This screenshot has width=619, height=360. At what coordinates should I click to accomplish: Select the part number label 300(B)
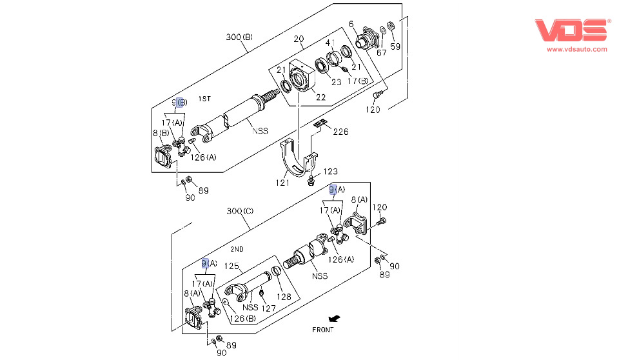point(239,37)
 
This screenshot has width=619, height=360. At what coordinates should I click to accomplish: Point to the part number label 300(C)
point(240,211)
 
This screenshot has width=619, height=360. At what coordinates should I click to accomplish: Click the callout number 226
point(340,132)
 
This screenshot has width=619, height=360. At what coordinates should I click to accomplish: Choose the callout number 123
point(330,172)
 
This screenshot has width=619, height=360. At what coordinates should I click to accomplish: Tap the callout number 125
point(231,266)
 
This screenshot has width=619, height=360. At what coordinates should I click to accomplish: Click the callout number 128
point(284,297)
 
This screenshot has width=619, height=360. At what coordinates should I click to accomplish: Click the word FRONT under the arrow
point(323,330)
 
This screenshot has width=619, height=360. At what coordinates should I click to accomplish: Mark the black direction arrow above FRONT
point(333,318)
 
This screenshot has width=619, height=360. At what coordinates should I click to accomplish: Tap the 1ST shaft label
point(204,99)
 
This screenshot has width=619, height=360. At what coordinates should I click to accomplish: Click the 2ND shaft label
point(237,249)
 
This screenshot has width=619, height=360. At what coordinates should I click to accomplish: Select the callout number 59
point(395,46)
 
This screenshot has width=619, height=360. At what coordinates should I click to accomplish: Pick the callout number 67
point(382,52)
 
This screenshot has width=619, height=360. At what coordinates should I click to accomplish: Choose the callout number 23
point(336,82)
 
